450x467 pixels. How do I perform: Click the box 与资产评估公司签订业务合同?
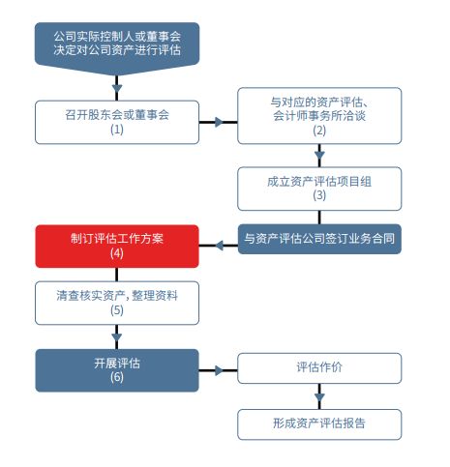[319, 238]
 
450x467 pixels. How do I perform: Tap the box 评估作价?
[319, 368]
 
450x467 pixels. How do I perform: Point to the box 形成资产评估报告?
[319, 423]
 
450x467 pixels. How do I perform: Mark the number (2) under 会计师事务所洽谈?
[319, 131]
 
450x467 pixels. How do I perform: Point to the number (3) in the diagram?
[319, 194]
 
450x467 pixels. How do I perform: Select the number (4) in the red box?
[117, 252]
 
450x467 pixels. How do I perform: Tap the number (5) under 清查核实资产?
[117, 310]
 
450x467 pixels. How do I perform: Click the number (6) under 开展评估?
[117, 377]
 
